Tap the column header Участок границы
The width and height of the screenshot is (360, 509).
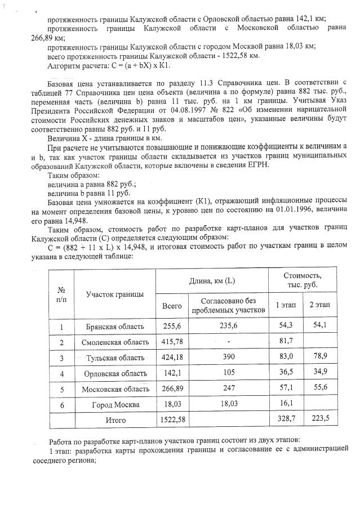114,294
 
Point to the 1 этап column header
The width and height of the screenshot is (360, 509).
287,305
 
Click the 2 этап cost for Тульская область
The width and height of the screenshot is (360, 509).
319,357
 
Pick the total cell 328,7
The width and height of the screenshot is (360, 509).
287,419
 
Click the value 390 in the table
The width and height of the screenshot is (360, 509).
228,358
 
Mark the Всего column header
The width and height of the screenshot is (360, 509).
172,305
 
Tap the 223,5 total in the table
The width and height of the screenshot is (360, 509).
319,419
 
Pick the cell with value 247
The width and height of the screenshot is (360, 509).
228,389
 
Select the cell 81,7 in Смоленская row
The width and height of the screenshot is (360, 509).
287,342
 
